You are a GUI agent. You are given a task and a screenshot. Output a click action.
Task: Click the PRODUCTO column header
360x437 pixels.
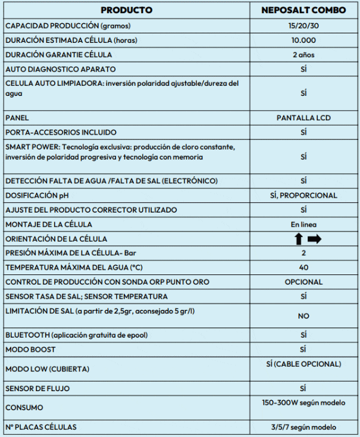tap(127, 10)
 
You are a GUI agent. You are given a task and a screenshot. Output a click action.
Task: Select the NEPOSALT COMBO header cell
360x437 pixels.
tap(303, 10)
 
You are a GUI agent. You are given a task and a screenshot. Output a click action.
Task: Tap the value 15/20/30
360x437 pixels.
tap(303, 26)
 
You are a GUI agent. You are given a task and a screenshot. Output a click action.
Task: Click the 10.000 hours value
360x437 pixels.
tap(303, 40)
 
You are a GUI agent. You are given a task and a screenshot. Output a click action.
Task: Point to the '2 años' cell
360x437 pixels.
tap(303, 55)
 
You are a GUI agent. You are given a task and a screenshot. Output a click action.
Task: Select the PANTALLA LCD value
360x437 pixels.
tap(303, 118)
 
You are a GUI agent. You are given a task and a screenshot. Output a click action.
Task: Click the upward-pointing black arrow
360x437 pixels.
tap(298, 239)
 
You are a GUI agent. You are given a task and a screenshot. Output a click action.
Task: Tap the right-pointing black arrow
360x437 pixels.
tap(314, 239)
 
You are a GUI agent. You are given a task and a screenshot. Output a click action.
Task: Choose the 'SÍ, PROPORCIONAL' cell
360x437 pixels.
tap(303, 195)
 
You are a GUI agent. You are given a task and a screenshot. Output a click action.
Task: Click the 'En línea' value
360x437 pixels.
tap(303, 224)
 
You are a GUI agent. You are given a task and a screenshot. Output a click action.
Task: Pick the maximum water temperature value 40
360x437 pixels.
tap(303, 267)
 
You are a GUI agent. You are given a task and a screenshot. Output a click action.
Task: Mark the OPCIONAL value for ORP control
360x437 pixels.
tap(303, 282)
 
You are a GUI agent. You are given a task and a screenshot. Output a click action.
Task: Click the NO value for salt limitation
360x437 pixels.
tap(303, 316)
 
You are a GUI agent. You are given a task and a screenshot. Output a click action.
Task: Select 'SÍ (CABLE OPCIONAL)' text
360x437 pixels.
tap(303, 364)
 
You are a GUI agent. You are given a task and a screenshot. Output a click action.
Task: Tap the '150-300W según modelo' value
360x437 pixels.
tap(303, 402)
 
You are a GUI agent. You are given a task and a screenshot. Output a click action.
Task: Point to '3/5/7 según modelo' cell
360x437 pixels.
tap(303, 427)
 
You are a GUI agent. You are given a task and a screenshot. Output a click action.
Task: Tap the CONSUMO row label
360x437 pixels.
tap(24, 408)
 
